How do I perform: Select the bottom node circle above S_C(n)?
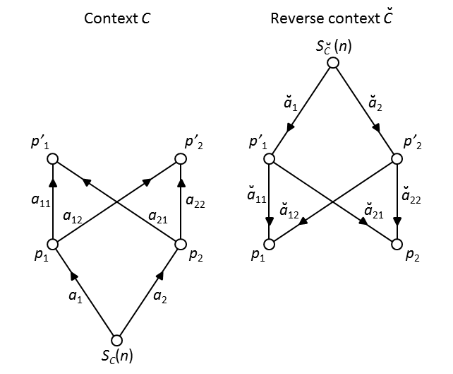[117, 339]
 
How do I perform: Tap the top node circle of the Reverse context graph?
[333, 64]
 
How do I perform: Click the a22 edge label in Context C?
[195, 202]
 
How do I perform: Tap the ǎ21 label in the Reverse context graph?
[373, 209]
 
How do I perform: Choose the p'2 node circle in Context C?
[180, 160]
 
